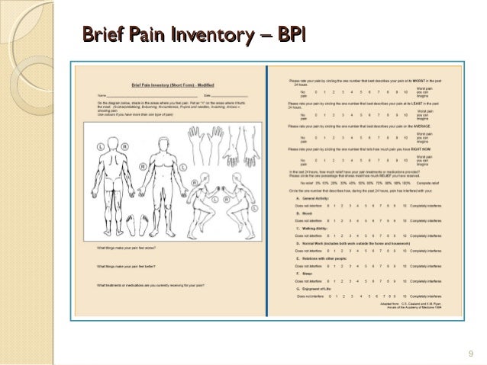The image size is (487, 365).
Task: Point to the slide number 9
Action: coord(470,352)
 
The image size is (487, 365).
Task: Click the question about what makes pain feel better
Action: coord(125,267)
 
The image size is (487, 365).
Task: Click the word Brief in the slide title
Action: coord(102,34)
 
